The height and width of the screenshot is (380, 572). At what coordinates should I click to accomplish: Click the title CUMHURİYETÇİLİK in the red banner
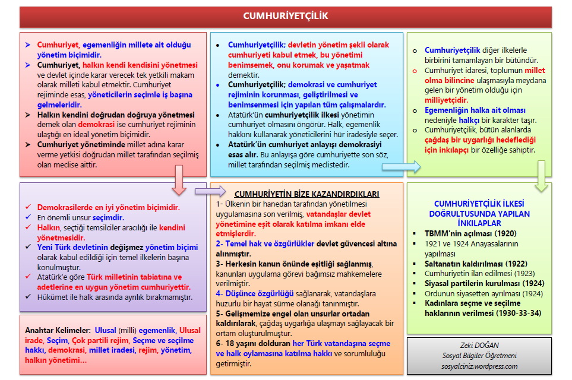pos(286,16)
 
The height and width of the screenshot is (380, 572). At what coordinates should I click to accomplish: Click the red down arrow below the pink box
pos(179,180)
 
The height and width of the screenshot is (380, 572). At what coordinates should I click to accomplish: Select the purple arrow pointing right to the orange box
pos(210,191)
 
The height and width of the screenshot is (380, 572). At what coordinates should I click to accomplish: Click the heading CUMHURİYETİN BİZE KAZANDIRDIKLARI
pos(306,194)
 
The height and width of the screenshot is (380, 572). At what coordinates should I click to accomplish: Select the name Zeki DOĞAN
pos(478,346)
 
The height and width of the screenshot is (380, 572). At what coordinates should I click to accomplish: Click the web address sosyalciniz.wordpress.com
pos(479,366)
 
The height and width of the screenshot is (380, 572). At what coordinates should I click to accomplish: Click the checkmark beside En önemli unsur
pos(28,218)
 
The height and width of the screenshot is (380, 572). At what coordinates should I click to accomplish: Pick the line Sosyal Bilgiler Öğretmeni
pos(479,356)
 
